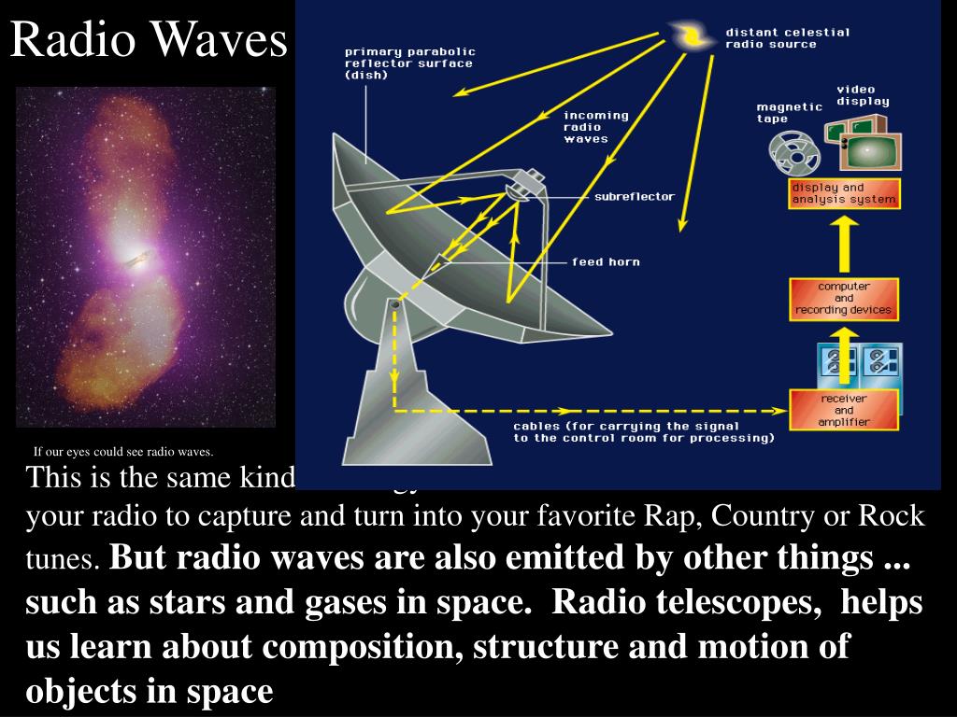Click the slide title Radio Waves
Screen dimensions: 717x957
click(x=149, y=39)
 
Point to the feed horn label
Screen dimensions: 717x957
click(x=606, y=262)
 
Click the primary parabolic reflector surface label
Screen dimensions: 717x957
click(x=409, y=63)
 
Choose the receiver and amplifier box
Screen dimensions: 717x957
click(x=844, y=411)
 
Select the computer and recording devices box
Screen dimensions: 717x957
click(x=844, y=299)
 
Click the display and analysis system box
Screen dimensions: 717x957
click(x=844, y=193)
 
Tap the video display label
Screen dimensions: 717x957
click(x=862, y=95)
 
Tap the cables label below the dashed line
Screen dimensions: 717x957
click(x=643, y=430)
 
